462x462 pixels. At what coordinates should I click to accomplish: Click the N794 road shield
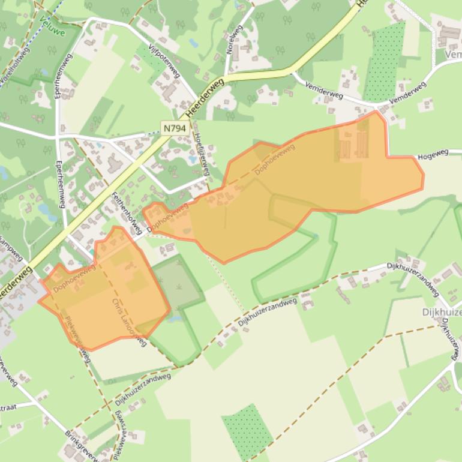tap(176, 127)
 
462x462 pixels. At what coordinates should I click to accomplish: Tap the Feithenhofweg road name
tap(127, 213)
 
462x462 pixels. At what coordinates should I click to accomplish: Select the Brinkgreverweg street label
tap(80, 445)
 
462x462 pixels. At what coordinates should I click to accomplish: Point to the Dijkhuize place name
tap(442, 312)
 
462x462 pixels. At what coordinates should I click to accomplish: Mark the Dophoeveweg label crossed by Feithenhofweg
tap(167, 217)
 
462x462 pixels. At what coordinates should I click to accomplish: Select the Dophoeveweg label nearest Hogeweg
tap(275, 160)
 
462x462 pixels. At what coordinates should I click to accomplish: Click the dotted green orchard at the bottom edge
tap(247, 431)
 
